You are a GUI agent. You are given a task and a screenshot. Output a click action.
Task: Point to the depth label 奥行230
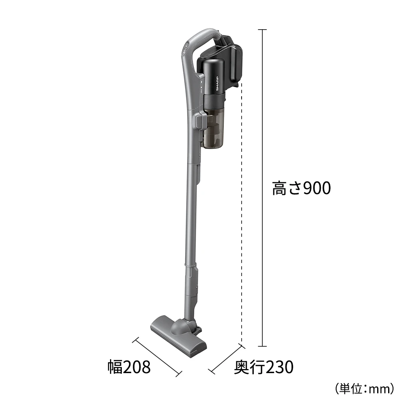pos(263,368)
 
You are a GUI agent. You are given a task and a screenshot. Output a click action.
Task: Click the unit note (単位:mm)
pos(364,389)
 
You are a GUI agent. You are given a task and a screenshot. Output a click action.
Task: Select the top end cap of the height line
pos(262,30)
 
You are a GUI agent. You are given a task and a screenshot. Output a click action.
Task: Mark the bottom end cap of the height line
pos(262,347)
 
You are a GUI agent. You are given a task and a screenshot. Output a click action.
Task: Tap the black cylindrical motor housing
pos(213,81)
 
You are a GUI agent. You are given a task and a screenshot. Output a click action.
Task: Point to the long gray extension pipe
pos(191,211)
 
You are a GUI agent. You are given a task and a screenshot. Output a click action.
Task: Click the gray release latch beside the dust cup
pos(200,121)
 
